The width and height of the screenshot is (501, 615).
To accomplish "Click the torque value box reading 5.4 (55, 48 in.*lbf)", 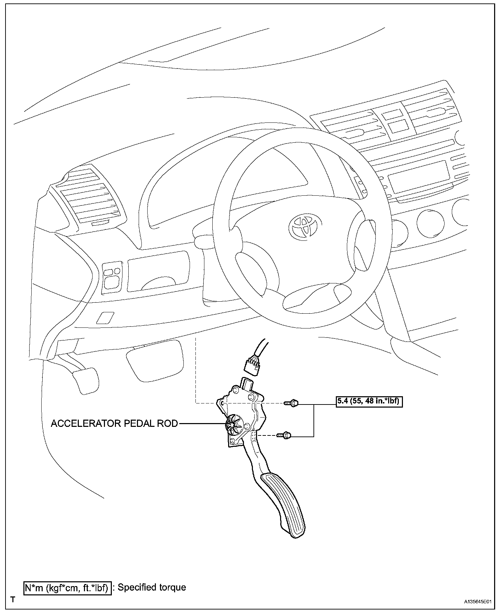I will [x=369, y=401].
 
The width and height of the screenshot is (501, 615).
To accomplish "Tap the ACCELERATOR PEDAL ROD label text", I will [x=114, y=423].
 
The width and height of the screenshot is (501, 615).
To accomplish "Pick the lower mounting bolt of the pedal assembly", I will [x=284, y=436].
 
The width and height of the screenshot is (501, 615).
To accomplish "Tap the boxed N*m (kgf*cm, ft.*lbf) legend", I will [x=67, y=588].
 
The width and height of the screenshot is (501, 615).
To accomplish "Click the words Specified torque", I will [x=152, y=587].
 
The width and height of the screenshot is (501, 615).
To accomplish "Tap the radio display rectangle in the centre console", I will [x=418, y=178].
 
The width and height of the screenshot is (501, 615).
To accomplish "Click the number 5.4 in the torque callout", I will [x=343, y=401].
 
